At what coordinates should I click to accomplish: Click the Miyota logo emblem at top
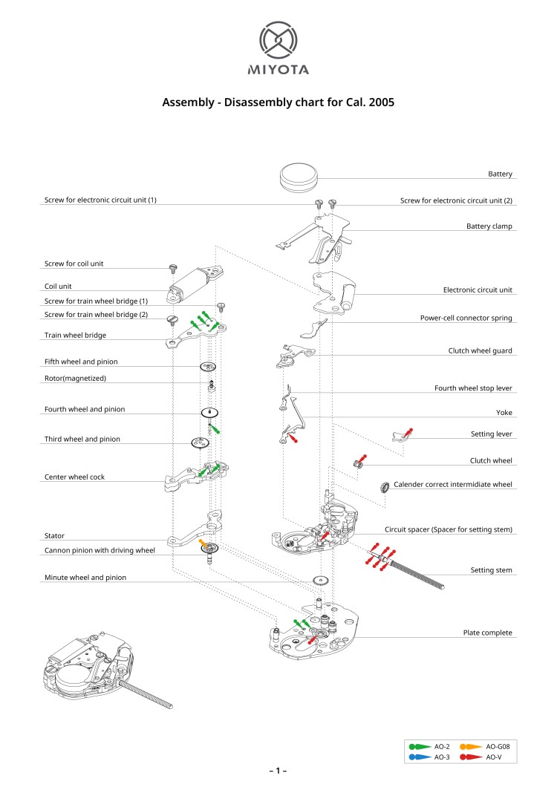[x=278, y=41]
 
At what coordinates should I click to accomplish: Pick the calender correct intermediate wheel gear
[x=385, y=489]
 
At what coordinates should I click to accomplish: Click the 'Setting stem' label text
[x=491, y=570]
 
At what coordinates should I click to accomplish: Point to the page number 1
[x=278, y=771]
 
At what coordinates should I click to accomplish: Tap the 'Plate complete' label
[x=487, y=633]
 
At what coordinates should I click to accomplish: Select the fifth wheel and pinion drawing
[x=208, y=367]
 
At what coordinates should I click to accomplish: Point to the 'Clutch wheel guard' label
[x=480, y=350]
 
